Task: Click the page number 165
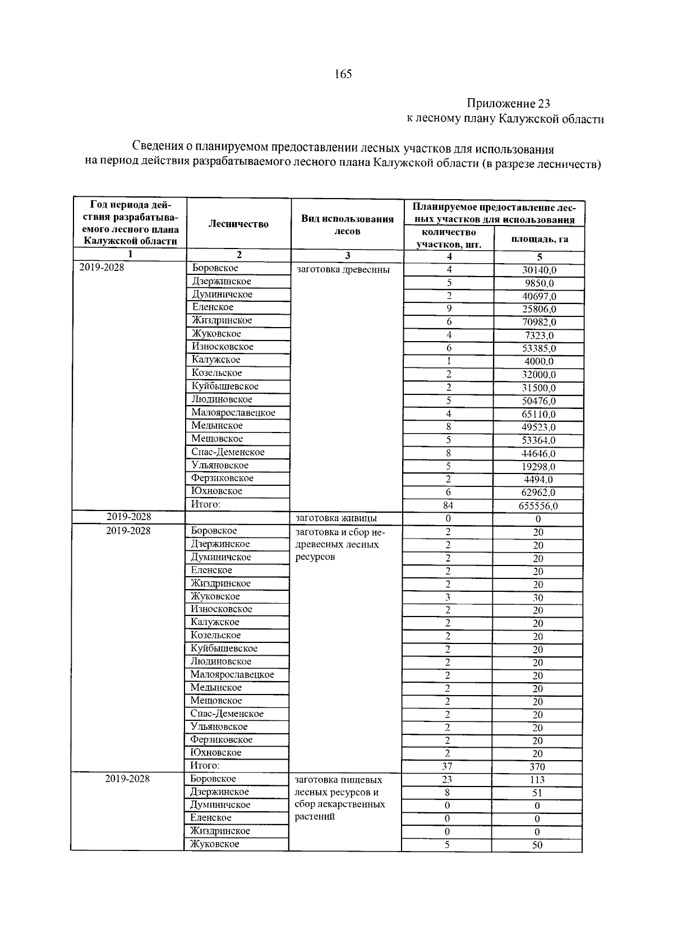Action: coord(343,74)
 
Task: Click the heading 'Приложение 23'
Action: coord(508,104)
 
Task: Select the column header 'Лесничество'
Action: coord(238,224)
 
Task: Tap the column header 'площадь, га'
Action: coord(539,239)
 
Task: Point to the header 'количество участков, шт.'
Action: coord(449,238)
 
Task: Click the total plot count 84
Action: coord(448,505)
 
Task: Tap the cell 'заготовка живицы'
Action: coord(336,518)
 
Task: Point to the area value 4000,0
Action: coord(539,362)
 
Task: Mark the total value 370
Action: coord(537,767)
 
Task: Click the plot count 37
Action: coord(447,766)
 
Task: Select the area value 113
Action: coord(537,780)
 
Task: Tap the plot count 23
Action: coord(447,779)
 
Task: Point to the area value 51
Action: coord(537,793)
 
